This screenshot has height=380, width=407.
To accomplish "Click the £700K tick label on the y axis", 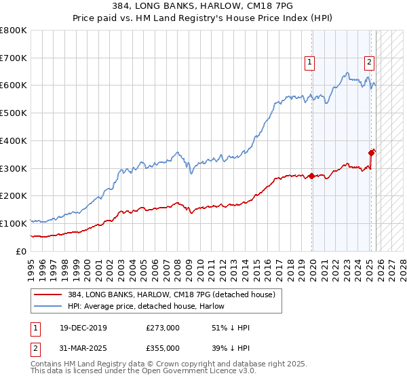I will click(x=14, y=58).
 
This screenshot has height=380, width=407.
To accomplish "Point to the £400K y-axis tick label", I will click(x=14, y=140).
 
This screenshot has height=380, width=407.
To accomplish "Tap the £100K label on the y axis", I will click(x=14, y=223).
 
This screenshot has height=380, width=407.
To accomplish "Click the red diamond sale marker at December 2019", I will click(x=311, y=176).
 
